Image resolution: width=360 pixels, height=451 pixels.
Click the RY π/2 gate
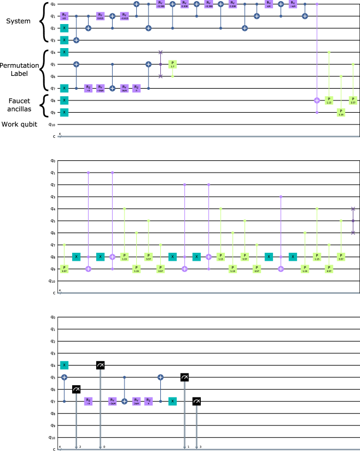(64, 16)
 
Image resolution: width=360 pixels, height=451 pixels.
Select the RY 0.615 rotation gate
(100, 16)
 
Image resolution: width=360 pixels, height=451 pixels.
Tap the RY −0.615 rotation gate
(124, 16)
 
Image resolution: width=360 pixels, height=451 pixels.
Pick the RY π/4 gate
(269, 4)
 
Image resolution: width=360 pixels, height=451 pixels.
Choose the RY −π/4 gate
(293, 4)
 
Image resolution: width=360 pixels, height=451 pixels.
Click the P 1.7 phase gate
(173, 64)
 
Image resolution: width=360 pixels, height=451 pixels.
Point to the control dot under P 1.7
(173, 76)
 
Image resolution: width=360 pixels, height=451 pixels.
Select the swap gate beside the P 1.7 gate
(160, 64)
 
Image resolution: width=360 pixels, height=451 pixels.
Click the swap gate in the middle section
(353, 221)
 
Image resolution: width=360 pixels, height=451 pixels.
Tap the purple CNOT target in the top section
(317, 100)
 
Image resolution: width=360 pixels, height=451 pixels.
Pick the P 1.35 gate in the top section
(341, 112)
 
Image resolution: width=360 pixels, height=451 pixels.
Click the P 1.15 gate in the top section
(329, 100)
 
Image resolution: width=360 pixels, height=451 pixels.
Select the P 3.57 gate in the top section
(353, 100)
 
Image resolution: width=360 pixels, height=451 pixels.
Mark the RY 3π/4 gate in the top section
(124, 88)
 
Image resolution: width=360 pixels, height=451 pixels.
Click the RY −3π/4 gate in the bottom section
(112, 401)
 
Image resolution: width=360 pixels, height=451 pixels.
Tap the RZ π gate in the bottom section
(148, 401)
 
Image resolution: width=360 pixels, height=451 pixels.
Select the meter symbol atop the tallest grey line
(100, 365)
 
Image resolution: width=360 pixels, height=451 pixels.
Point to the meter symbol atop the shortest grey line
(197, 401)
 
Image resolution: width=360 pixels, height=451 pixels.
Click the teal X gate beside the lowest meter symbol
(173, 401)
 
